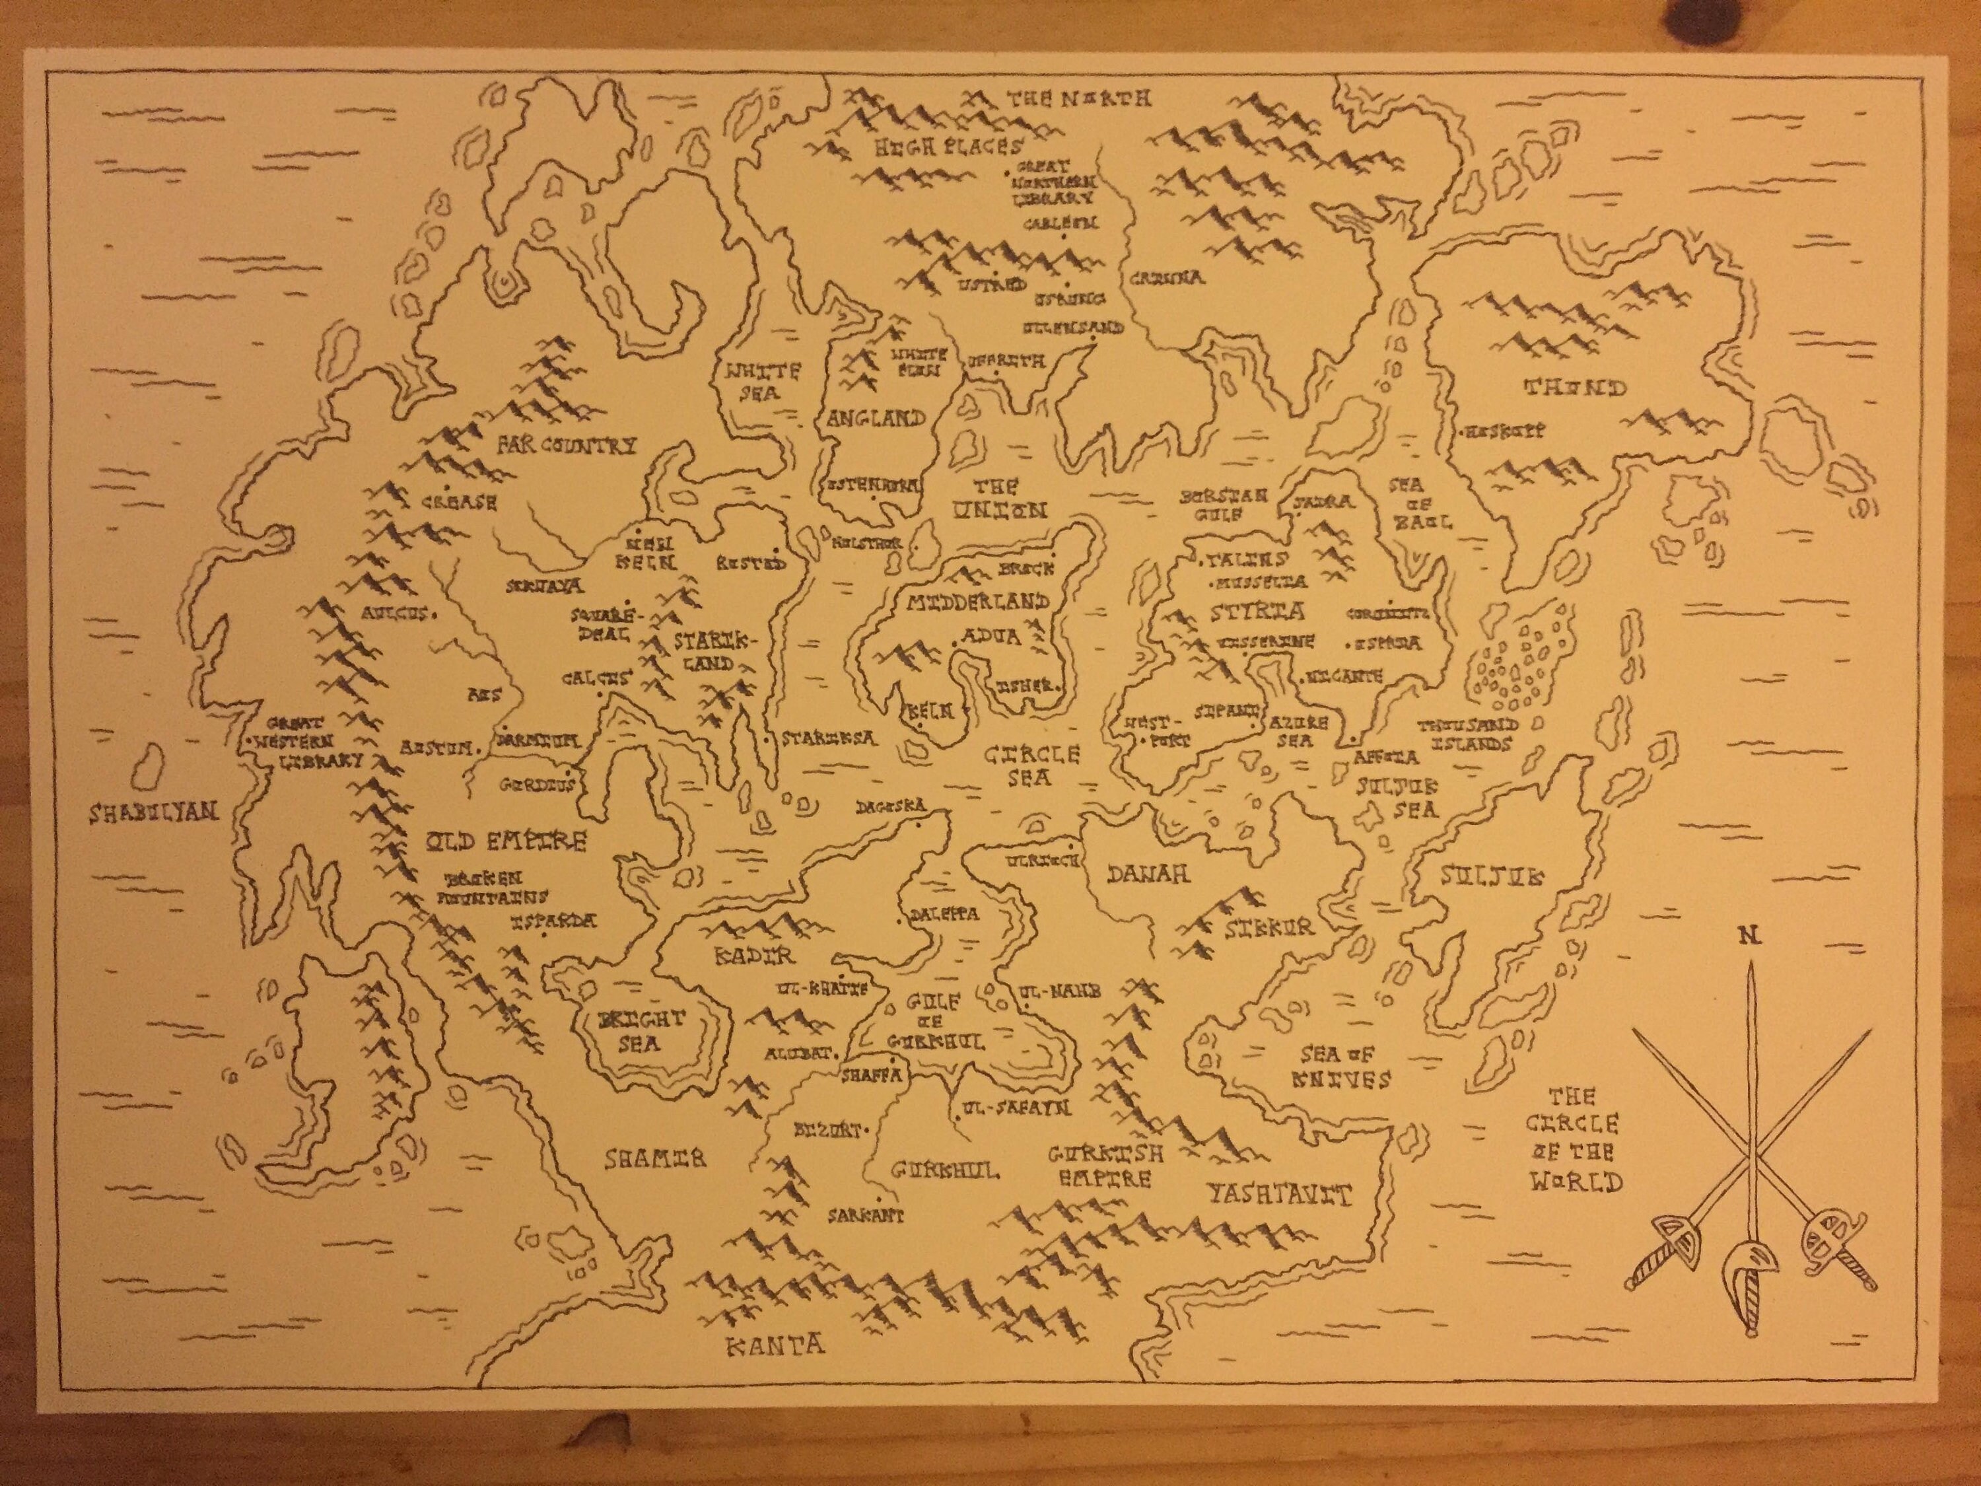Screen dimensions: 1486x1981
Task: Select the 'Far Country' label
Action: pyautogui.click(x=567, y=445)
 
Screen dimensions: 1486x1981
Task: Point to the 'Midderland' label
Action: pyautogui.click(x=978, y=601)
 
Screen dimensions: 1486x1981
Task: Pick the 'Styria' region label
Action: pyautogui.click(x=1255, y=612)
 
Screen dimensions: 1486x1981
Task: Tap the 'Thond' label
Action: pyautogui.click(x=1574, y=388)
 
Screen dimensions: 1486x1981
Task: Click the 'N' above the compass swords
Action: pyautogui.click(x=1747, y=936)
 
